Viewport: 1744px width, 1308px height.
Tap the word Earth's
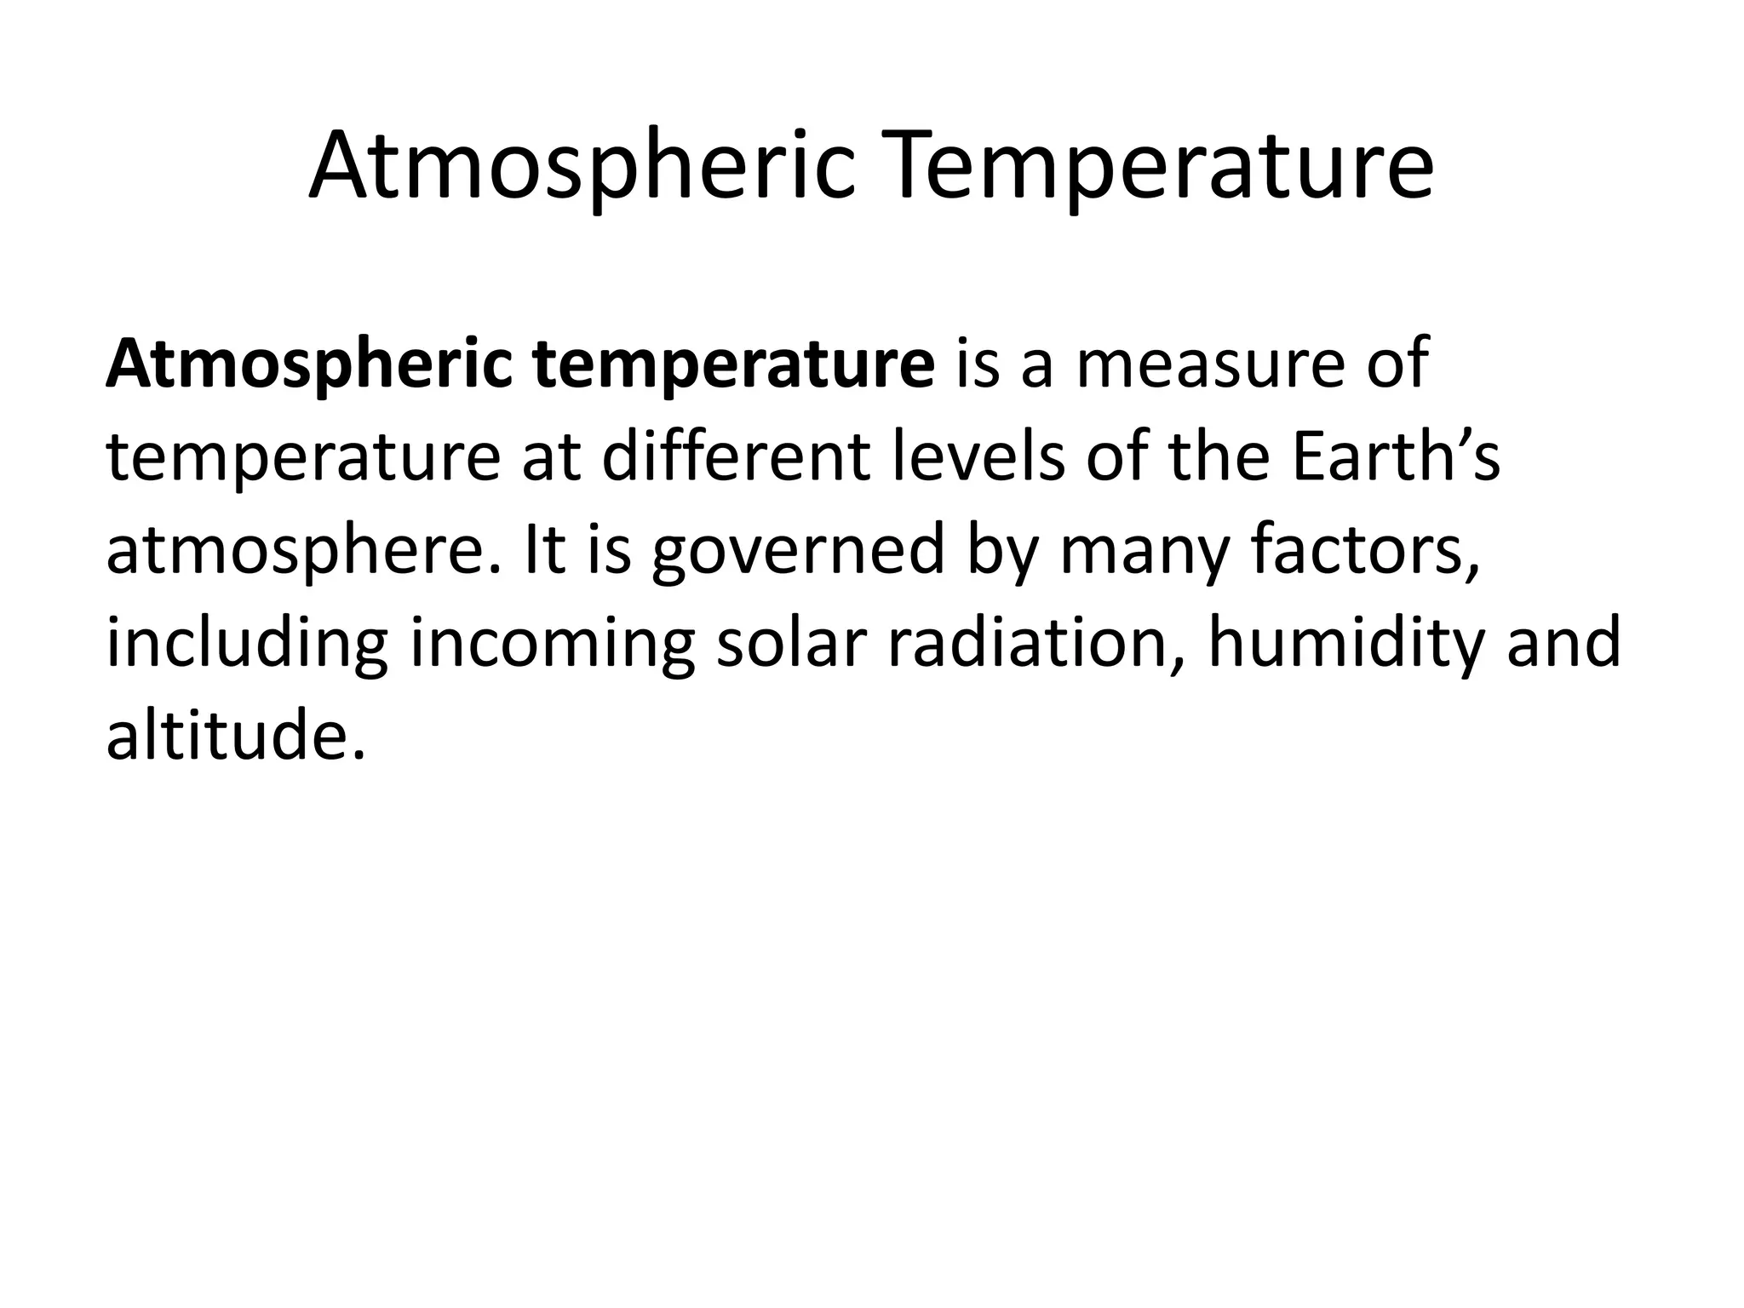1395,458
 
